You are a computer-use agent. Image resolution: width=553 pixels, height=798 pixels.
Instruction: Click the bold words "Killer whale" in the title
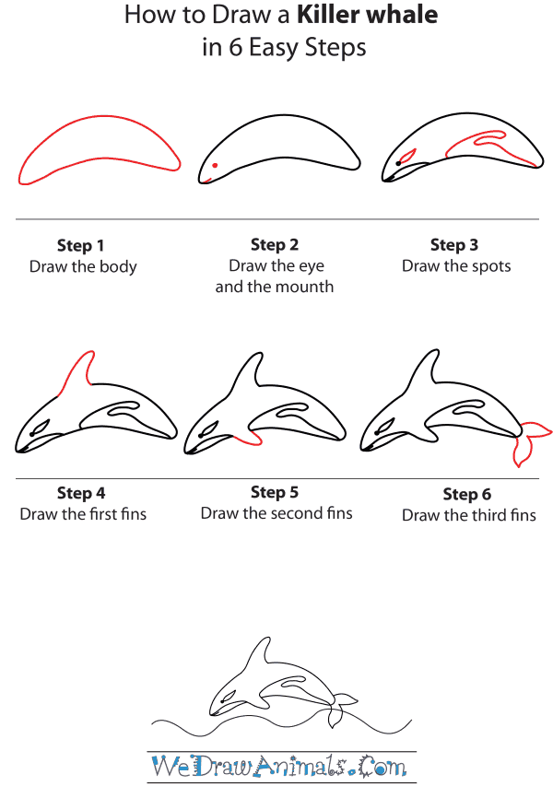[x=367, y=15]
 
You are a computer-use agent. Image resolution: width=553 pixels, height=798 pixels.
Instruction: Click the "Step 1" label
[x=81, y=245]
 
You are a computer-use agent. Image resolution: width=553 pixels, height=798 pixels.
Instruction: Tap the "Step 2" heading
[x=275, y=244]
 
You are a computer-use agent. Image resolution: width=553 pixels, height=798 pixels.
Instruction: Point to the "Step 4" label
[x=81, y=493]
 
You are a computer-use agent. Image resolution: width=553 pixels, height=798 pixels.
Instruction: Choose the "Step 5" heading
[x=275, y=492]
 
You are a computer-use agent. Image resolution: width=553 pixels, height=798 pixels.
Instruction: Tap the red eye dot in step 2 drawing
[x=215, y=166]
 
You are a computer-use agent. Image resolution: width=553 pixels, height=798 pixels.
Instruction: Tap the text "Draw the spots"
[x=455, y=266]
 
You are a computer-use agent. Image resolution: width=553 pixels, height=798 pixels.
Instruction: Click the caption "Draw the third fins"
[x=468, y=516]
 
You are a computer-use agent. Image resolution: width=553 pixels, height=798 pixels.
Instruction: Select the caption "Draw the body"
[x=83, y=267]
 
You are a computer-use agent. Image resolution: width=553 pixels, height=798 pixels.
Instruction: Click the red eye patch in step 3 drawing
[x=406, y=156]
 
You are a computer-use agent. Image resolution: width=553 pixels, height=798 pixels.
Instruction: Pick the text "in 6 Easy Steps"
[x=283, y=48]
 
